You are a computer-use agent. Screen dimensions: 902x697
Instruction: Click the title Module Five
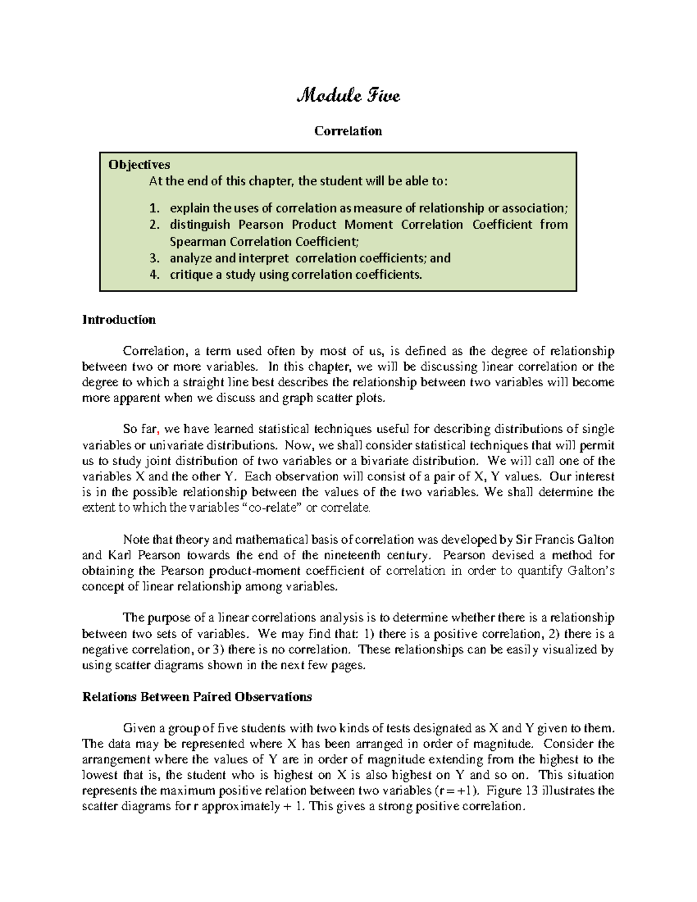(348, 95)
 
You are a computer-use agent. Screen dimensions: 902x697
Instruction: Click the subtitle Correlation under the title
(348, 131)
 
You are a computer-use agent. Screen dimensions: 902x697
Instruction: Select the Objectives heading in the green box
(139, 165)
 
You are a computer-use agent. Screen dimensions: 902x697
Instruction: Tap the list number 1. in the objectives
(154, 208)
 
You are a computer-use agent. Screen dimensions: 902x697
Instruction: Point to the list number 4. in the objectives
(154, 275)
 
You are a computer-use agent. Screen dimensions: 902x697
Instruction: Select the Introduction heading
(118, 320)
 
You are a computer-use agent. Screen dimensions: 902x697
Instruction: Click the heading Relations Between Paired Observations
(197, 697)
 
